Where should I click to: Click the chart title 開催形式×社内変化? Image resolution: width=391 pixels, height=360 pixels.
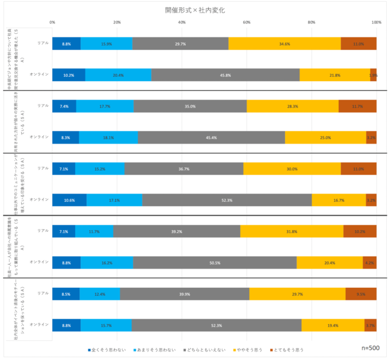tap(195, 11)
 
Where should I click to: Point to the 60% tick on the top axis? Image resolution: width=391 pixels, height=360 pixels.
tap(247, 22)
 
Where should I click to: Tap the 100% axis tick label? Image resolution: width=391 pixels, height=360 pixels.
tap(376, 22)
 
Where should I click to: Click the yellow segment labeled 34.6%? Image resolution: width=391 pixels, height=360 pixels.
tap(285, 44)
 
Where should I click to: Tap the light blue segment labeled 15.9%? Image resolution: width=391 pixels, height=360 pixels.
tap(106, 44)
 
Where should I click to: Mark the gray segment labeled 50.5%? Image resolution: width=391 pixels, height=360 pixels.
tap(215, 262)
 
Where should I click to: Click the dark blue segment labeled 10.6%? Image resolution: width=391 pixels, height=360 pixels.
tap(69, 200)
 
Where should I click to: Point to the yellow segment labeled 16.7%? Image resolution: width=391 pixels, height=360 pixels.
tap(339, 200)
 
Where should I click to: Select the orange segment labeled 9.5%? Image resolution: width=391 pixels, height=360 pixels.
tap(361, 294)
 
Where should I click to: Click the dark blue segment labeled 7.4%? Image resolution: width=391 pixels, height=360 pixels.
tap(64, 106)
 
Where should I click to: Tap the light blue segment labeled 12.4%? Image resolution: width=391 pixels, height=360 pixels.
tap(100, 294)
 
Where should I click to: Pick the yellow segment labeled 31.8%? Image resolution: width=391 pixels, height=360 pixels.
tap(292, 231)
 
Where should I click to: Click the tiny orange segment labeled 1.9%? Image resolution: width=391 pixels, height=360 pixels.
tap(374, 75)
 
